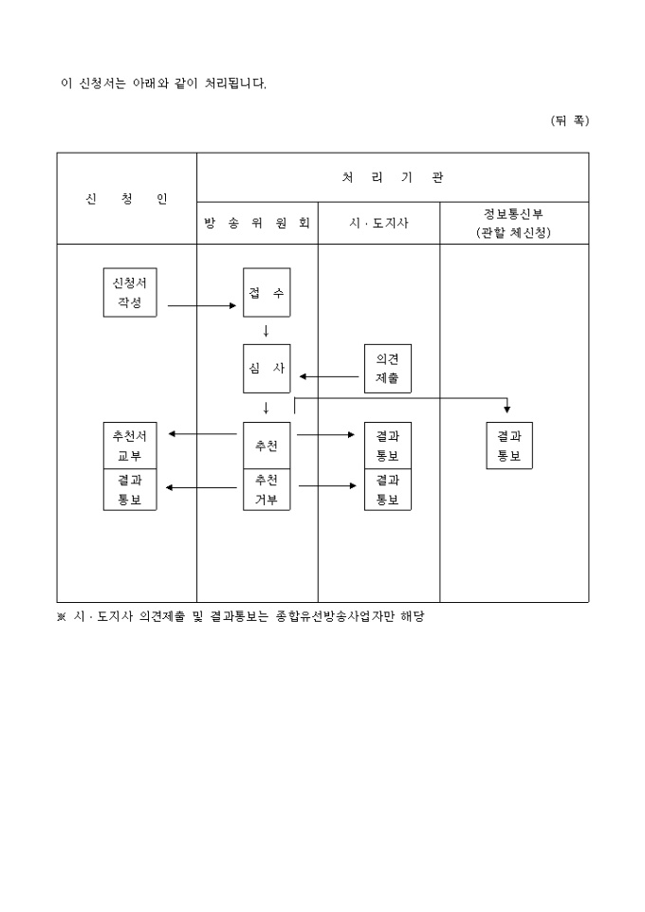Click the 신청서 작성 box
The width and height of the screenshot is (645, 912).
coord(130,292)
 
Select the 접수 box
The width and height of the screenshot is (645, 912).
coord(267,292)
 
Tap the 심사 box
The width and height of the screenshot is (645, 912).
coord(267,368)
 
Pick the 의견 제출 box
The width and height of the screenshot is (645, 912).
coord(387,368)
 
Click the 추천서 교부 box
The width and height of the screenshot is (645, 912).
coord(130,446)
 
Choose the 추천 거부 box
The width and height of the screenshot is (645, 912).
coord(267,490)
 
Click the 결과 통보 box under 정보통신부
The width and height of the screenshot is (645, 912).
coord(509,446)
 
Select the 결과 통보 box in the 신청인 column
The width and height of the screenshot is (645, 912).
coord(130,490)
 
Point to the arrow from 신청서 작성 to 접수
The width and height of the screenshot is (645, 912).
coord(201,305)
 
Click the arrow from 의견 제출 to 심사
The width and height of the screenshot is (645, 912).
coord(329,376)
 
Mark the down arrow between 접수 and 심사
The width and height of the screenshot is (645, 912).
coord(267,331)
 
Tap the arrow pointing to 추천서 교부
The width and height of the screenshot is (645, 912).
coord(201,434)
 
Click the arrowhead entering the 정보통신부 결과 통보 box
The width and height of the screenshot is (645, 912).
coord(507,410)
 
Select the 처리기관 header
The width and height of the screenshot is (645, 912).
coord(392,177)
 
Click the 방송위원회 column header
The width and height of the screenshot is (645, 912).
coord(257,224)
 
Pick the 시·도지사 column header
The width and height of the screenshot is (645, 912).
coord(378,224)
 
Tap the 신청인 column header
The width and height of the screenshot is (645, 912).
coord(126,199)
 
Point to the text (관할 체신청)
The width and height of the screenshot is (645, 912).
coord(513,232)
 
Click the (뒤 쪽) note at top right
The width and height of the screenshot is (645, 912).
coord(569,120)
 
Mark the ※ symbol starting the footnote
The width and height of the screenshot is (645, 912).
coord(62,616)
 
